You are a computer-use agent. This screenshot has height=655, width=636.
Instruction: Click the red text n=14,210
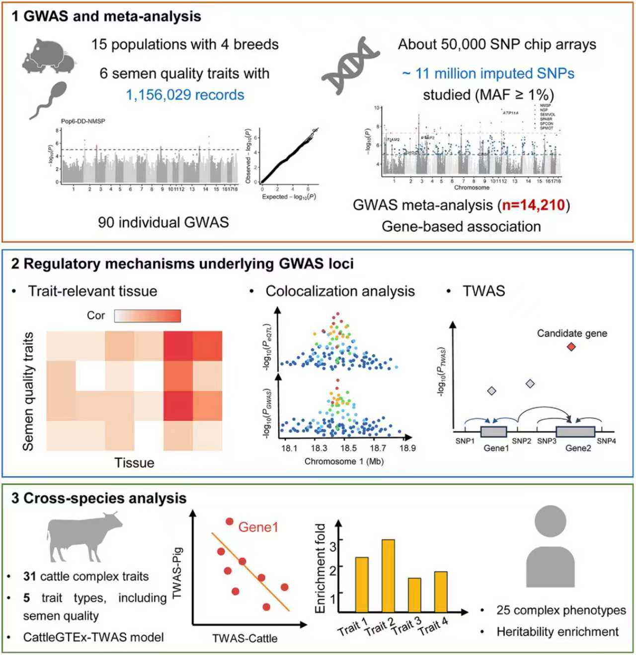[533, 205]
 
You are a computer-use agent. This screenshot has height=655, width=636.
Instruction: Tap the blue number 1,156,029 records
[185, 95]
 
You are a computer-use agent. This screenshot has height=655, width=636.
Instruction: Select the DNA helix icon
[350, 65]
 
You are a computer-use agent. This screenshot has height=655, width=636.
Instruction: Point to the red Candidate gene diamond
[571, 347]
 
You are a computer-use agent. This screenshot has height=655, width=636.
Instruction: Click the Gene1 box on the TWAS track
[493, 432]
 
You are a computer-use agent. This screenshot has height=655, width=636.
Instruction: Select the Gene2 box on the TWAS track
[575, 432]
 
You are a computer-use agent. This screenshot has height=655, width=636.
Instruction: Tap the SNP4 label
[606, 441]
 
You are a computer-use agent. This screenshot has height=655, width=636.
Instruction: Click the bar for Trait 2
[388, 576]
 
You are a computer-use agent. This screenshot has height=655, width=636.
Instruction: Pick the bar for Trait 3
[414, 595]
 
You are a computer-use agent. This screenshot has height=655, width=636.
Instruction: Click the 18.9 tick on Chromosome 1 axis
[407, 448]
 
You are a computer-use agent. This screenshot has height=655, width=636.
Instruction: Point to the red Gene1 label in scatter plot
[258, 527]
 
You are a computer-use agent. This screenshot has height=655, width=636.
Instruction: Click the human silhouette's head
[550, 521]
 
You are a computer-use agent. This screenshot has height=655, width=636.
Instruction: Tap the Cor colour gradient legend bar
[148, 316]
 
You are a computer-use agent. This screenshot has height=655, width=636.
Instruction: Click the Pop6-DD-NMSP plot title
[83, 121]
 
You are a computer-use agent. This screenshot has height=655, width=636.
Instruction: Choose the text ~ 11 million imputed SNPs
[488, 73]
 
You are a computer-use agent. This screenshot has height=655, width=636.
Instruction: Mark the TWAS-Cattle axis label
[244, 638]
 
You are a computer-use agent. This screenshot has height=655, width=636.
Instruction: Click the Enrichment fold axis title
[320, 568]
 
